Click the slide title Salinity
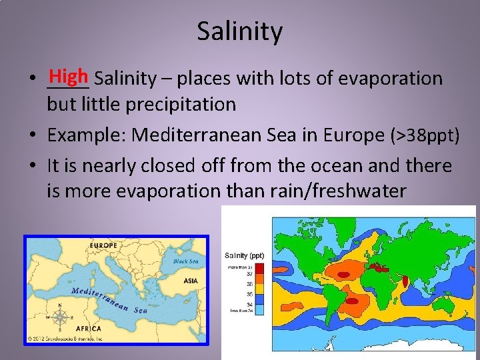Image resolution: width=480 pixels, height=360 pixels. point(239,31)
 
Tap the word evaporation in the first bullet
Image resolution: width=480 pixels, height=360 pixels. point(390,79)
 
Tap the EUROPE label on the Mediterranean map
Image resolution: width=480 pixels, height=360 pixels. point(105,247)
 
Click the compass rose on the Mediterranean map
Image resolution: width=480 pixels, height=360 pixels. point(60,317)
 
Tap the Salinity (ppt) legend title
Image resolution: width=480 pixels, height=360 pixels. point(245,255)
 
